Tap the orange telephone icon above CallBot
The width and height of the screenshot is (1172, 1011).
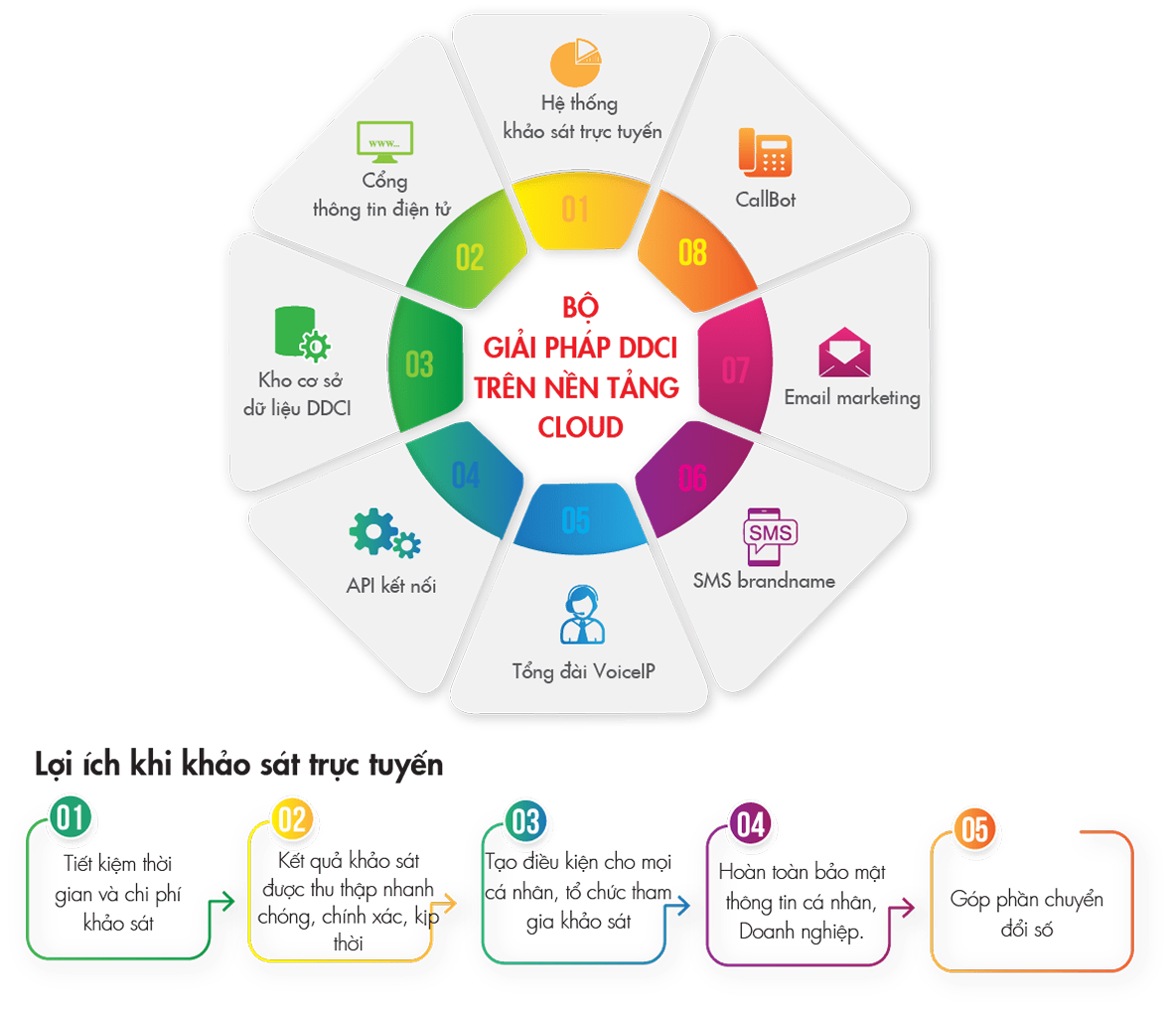coord(765,152)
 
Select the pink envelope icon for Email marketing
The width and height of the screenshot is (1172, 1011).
coord(844,352)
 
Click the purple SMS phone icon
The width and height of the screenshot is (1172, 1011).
coord(770,536)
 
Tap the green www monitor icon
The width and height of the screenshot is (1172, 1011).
coord(384,143)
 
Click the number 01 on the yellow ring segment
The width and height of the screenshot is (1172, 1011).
coord(575,210)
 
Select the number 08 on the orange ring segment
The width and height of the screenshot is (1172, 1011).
coord(692,252)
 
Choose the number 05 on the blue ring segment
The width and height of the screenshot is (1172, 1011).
coord(576,519)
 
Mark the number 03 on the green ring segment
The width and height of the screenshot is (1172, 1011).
coord(419,364)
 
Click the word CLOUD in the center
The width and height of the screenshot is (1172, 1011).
coord(580,427)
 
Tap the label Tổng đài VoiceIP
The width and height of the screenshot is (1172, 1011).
coord(583,671)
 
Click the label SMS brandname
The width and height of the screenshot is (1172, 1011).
coord(764,581)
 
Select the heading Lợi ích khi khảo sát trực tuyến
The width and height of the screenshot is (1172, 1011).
coord(238,766)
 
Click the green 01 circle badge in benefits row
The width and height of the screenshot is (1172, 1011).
coord(70,818)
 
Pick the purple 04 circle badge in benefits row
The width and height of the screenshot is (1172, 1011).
coord(751,824)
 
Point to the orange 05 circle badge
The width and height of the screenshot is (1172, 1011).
coord(974,829)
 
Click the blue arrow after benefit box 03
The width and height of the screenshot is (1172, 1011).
coord(680,905)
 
